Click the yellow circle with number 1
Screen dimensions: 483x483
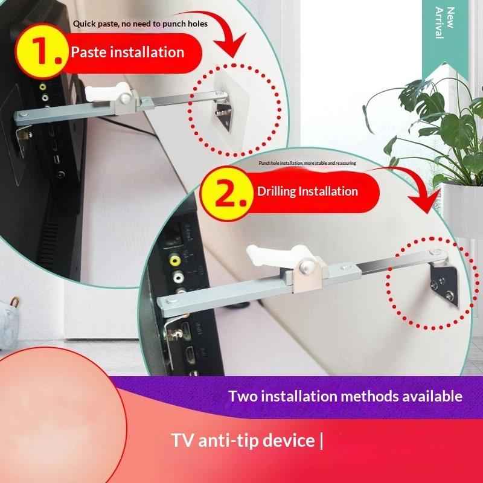[x=42, y=51]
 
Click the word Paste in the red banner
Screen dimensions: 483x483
[x=88, y=52]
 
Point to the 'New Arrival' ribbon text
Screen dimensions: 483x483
[x=445, y=23]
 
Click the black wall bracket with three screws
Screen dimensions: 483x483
[x=443, y=286]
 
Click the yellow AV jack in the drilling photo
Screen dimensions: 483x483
[x=175, y=260]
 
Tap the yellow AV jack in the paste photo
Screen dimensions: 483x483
[x=43, y=87]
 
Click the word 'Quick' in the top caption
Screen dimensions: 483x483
[x=84, y=24]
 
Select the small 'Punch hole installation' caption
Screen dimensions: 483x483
[x=307, y=163]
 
